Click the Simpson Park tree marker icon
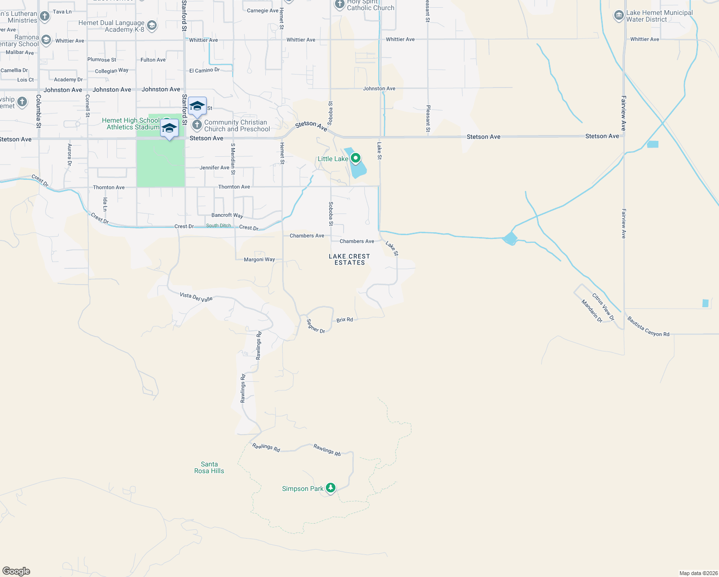330,488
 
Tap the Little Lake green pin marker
356,158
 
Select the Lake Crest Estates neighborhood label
349,260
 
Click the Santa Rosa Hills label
209,467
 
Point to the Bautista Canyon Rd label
648,326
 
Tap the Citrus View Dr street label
603,307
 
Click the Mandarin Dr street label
592,311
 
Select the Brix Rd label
345,320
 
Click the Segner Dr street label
316,326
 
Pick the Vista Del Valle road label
196,297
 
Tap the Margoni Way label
260,260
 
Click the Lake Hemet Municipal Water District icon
619,16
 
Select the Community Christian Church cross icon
197,125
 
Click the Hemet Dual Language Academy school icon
152,25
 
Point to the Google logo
16,571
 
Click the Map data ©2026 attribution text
698,573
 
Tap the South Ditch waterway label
219,226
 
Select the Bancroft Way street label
227,215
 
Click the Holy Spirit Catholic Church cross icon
340,4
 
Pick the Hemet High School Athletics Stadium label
131,124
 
